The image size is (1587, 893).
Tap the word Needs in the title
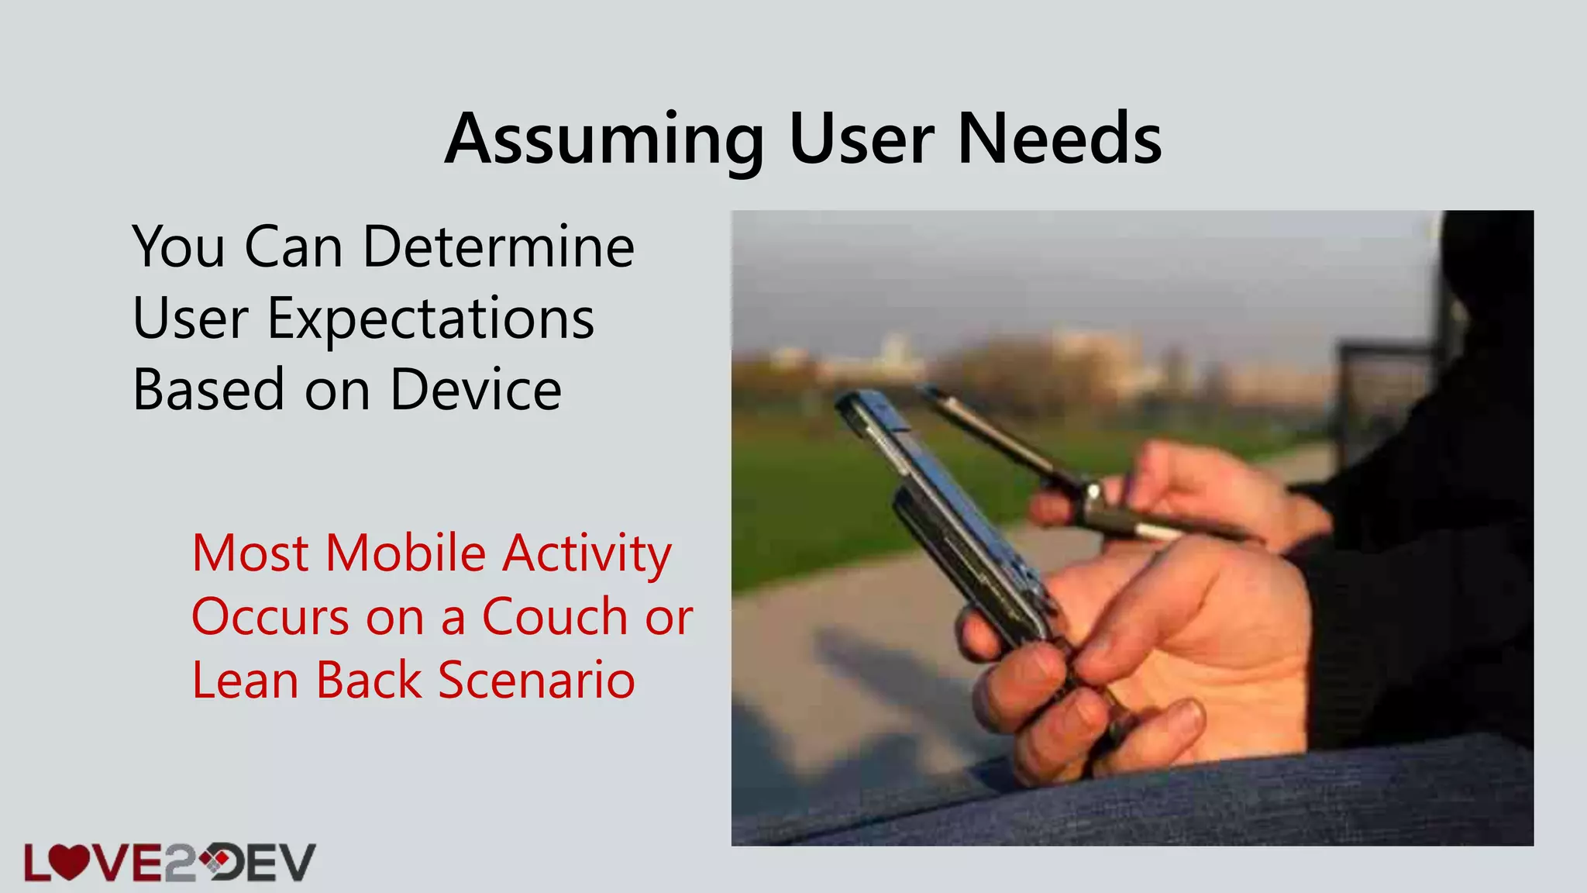[x=1059, y=140]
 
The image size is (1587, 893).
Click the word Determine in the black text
[x=498, y=247]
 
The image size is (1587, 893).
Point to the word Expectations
[x=430, y=319]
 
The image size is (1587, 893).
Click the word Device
[x=475, y=390]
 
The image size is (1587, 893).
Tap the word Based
[x=208, y=390]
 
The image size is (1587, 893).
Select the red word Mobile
[x=405, y=553]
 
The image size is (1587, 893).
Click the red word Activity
[x=587, y=553]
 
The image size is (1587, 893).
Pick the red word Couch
[x=554, y=617]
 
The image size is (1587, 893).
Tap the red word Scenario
[x=536, y=681]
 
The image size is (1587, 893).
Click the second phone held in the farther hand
[x=1007, y=442]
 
